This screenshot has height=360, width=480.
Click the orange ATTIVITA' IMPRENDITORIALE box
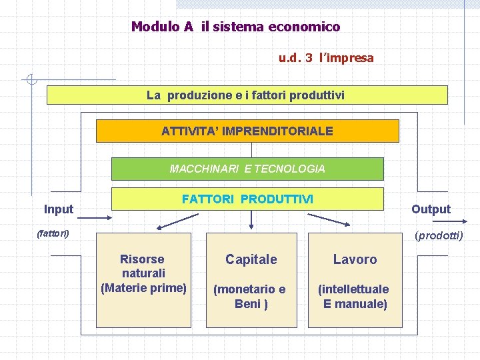(247, 131)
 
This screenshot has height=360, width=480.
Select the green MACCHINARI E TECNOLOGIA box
(247, 169)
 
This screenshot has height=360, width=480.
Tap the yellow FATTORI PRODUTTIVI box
(247, 199)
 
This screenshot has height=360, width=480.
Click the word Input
(59, 209)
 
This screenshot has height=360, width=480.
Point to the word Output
(431, 209)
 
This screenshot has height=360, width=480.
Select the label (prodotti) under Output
(439, 235)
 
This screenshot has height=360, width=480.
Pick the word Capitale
(251, 259)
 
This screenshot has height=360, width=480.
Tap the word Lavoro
(355, 259)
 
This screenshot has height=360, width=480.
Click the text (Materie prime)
(143, 288)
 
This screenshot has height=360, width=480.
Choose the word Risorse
(142, 259)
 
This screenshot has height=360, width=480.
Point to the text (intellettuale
(354, 289)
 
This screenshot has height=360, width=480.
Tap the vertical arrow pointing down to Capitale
(251, 220)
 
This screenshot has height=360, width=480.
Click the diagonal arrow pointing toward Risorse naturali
(179, 221)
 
